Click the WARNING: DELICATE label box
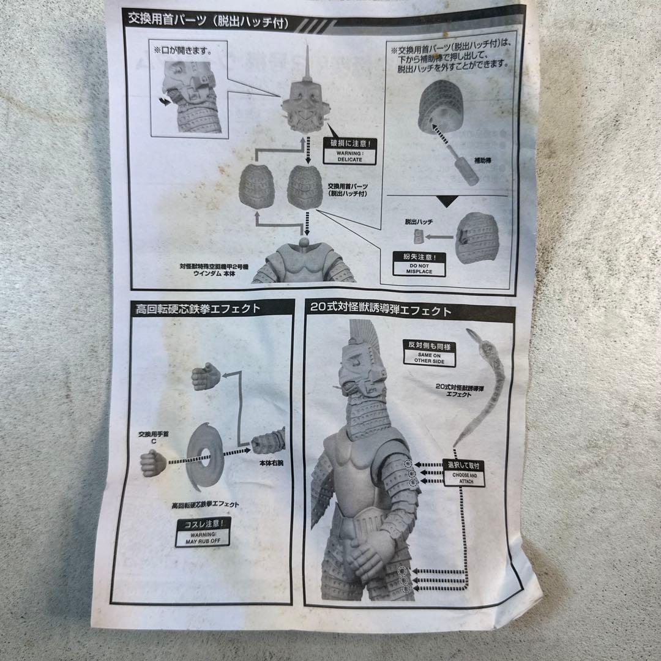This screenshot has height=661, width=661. [348, 151]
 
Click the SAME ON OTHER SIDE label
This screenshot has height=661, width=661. [428, 354]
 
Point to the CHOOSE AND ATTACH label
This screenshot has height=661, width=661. [463, 476]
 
